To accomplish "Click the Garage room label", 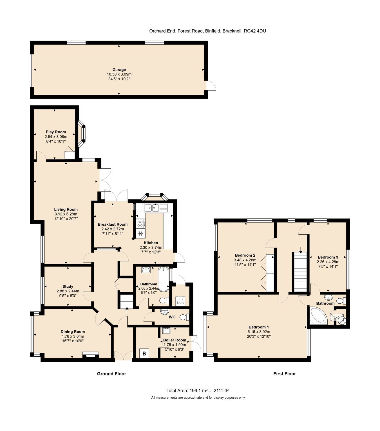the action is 119,70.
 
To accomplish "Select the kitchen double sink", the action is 156,208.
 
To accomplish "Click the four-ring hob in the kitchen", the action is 140,224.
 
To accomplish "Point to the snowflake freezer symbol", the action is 140,234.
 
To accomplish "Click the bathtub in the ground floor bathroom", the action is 164,279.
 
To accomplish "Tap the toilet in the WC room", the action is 184,317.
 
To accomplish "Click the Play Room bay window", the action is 82,134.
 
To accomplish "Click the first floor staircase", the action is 300,272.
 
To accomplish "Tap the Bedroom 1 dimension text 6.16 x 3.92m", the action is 259,332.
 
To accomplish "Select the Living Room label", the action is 66,209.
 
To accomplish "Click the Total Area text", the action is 197,391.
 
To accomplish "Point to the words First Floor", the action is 285,374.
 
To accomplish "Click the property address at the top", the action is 207,31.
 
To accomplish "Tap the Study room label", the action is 68,286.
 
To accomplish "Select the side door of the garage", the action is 211,86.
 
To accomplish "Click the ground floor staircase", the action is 126,301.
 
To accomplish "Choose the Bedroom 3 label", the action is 328,257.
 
